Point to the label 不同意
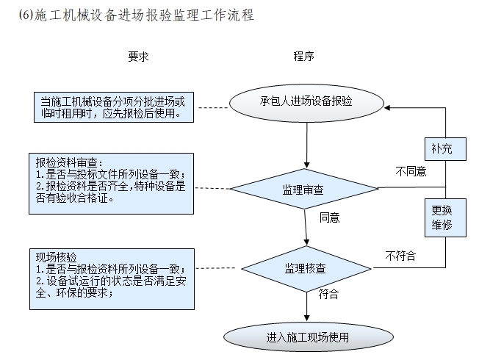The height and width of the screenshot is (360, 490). click(410, 172)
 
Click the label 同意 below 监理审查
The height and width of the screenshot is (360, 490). click(328, 218)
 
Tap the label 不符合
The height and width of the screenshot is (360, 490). click(400, 256)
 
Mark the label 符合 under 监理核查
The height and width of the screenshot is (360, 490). click(328, 295)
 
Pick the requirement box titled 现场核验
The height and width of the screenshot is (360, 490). click(115, 280)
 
